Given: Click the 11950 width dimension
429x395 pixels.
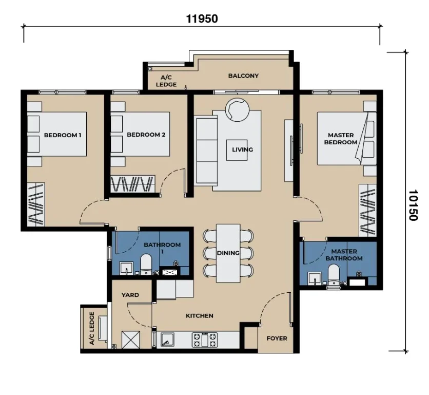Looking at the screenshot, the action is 202,19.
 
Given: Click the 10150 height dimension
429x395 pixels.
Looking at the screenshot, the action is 413,205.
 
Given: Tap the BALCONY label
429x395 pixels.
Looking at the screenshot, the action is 243,76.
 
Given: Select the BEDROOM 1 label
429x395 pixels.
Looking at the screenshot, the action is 63,135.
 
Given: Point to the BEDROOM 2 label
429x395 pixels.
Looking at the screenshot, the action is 146,135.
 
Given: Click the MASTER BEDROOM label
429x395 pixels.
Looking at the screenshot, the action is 341,139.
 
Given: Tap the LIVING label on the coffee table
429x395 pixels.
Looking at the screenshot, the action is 242,149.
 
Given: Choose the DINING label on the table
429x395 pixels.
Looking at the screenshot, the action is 228,253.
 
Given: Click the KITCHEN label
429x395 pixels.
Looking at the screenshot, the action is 200,316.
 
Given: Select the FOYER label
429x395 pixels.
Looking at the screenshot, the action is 277,338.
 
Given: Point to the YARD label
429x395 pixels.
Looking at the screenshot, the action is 130,295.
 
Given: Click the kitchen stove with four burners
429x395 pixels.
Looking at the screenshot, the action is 205,340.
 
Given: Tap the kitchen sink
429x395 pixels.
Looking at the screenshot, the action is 167,340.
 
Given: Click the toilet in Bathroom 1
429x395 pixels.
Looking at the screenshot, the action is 146,264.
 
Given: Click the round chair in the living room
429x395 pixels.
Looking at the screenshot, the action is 237,110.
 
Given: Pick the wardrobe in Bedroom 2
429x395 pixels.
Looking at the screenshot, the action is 133,184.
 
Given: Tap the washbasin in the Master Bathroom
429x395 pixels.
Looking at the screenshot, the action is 315,279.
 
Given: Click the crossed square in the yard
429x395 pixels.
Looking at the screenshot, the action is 130,340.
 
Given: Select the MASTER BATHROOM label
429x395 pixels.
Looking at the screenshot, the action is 344,255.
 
